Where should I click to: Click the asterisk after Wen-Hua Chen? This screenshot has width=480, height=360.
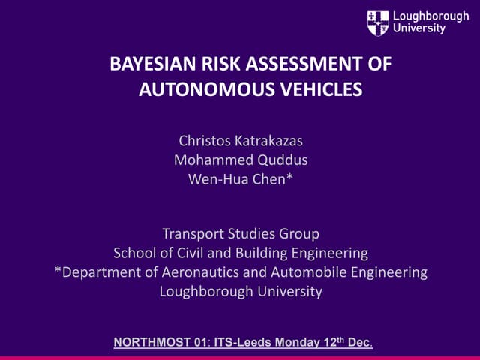pyautogui.click(x=290, y=177)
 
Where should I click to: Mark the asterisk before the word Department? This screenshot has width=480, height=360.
pyautogui.click(x=58, y=271)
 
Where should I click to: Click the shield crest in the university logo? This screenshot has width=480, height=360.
pyautogui.click(x=377, y=23)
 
